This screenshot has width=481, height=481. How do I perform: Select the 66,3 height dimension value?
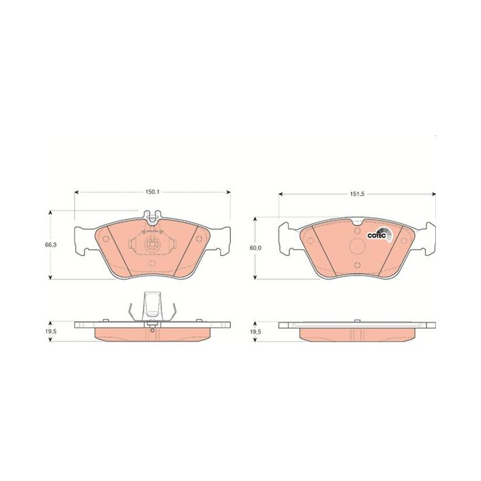[49, 245]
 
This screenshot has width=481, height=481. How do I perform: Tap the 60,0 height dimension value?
[256, 248]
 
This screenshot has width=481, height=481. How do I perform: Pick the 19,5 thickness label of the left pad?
[51, 332]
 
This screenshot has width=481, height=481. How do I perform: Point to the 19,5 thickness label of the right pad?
[256, 332]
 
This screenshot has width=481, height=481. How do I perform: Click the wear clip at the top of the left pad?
[152, 216]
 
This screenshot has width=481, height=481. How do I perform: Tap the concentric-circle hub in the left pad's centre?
[152, 245]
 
